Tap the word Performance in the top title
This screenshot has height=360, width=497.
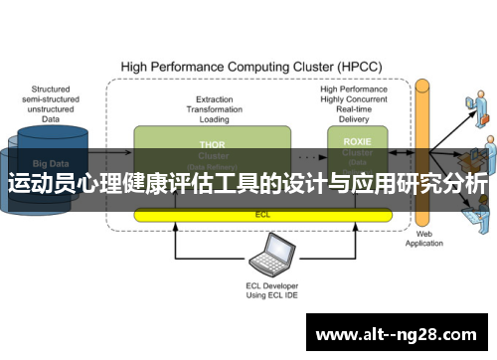(x=189, y=68)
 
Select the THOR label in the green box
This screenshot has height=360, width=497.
(x=213, y=143)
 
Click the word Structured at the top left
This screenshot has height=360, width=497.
(x=50, y=90)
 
